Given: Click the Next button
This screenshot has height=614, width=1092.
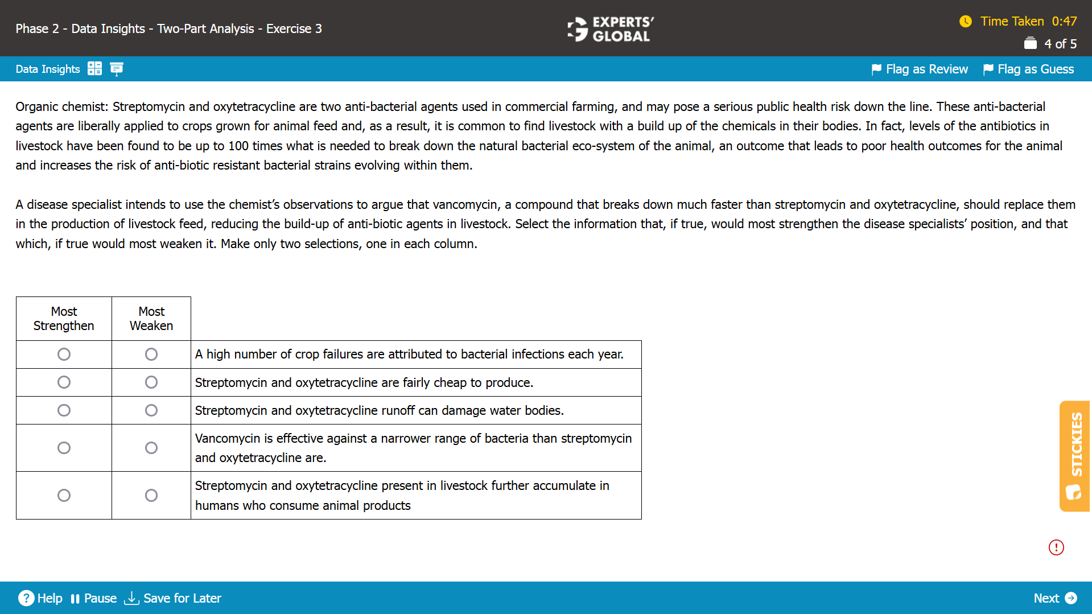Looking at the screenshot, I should [1054, 598].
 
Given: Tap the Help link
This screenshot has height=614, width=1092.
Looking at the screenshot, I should [40, 598].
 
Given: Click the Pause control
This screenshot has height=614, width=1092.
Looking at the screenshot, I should [94, 598].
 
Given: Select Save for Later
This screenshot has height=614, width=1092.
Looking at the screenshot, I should [173, 598].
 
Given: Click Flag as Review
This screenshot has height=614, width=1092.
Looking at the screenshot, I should [920, 69].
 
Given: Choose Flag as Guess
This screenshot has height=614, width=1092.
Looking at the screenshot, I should [1029, 69].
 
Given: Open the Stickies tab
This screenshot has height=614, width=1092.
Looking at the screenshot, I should [1075, 456].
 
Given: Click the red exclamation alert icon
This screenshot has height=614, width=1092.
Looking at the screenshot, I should [1056, 547].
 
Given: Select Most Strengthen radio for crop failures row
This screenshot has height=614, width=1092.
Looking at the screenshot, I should [64, 355].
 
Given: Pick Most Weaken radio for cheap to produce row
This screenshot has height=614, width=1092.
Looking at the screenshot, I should [151, 382].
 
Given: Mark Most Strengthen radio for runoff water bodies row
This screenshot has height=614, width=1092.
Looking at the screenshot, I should [64, 410].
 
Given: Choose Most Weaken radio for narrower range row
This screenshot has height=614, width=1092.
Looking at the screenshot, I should [151, 448].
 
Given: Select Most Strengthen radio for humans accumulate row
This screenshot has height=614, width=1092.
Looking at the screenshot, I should [64, 496].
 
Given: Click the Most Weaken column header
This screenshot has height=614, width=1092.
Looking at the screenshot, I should [151, 319].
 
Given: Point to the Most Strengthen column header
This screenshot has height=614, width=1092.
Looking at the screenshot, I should [64, 319].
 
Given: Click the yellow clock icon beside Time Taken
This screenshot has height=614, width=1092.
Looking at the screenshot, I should [966, 22].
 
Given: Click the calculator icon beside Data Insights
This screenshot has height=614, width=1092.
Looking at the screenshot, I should [95, 69].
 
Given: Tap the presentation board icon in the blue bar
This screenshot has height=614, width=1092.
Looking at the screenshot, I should [117, 69].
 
